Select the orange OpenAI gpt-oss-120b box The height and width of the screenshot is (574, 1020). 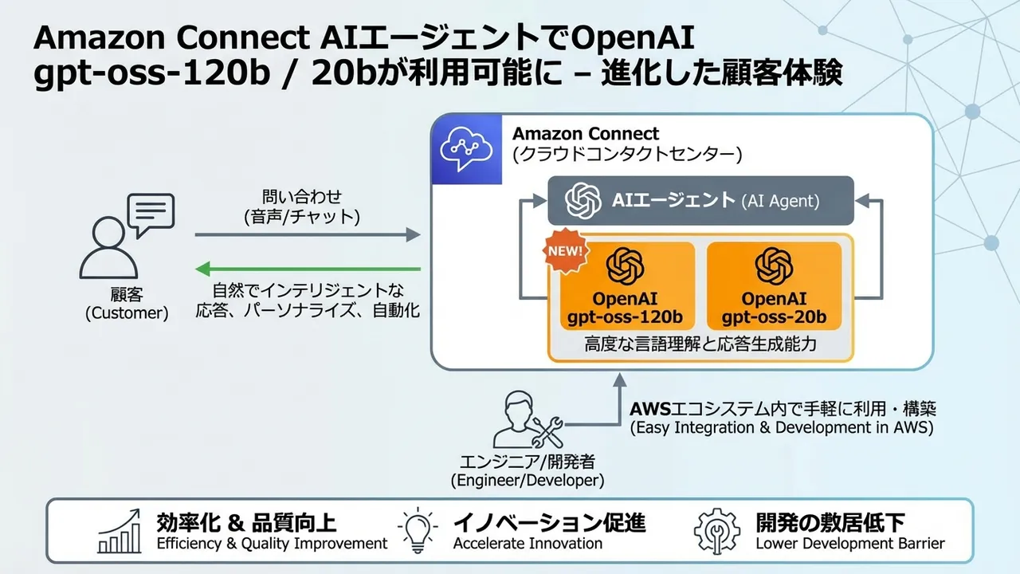626,287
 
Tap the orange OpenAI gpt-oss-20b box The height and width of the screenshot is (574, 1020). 774,287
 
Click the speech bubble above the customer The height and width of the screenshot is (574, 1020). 151,214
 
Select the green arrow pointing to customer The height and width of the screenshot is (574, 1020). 308,269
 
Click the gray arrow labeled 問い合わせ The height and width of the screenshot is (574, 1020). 308,234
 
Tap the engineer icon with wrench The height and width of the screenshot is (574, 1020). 526,420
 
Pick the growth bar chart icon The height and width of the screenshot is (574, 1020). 120,532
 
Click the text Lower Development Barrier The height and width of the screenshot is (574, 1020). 849,544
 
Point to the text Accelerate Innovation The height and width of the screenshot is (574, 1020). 528,544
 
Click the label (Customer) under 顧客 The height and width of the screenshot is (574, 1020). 127,313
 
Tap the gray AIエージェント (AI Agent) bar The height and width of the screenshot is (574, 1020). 700,200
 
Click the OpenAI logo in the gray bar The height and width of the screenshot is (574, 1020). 583,200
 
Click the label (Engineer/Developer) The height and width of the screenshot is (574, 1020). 527,481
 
